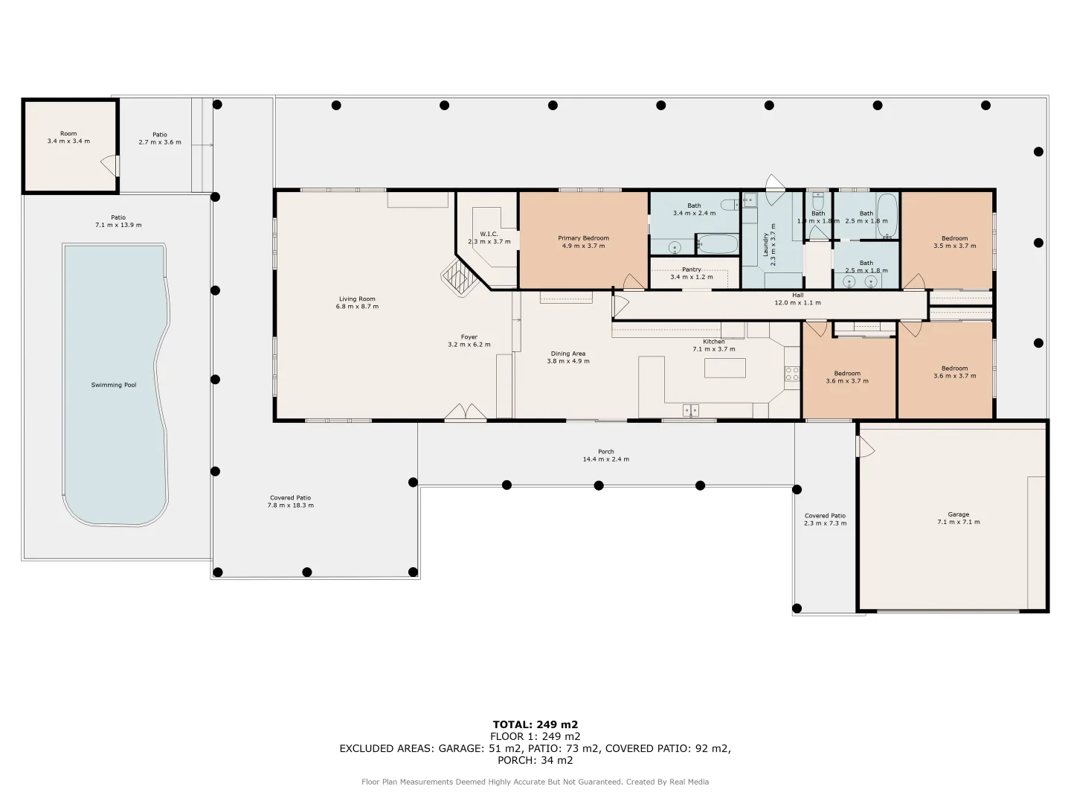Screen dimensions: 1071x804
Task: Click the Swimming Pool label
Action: pos(114,385)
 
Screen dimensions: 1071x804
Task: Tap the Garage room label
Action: pos(958,514)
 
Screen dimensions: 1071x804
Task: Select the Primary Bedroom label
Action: pos(584,238)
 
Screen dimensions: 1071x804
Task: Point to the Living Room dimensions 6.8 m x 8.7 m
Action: pos(357,307)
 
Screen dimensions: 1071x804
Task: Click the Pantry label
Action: pos(692,269)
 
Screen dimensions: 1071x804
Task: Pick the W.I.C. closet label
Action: pos(489,234)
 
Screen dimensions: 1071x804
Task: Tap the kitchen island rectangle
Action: pos(724,368)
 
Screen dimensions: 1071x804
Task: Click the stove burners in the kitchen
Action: pos(792,374)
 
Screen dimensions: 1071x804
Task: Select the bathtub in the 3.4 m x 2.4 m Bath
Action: pos(717,244)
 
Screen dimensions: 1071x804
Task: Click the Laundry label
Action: pos(765,245)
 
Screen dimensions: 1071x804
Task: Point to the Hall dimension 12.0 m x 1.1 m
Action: pos(798,303)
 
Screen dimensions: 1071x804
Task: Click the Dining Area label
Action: pos(568,354)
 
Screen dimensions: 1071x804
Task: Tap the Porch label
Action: pos(606,452)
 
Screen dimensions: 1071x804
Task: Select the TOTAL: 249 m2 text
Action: pos(535,724)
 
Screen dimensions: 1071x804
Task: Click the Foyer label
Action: pos(469,336)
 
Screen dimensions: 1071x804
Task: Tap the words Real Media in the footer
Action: pos(689,782)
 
